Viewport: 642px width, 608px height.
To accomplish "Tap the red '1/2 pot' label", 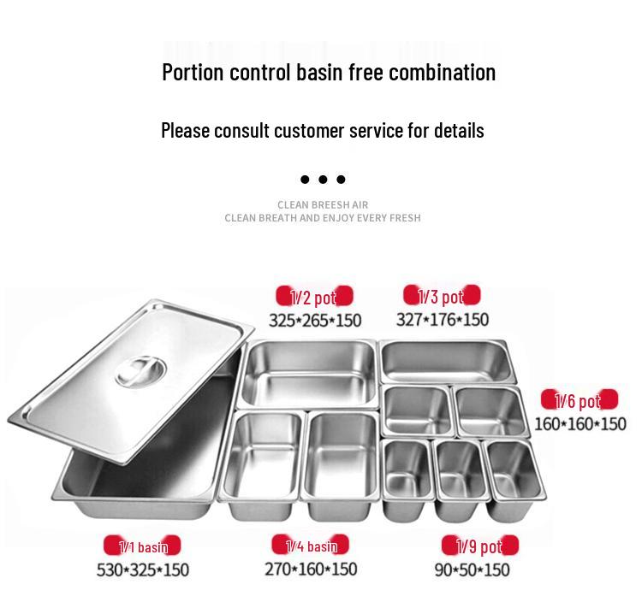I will [x=314, y=298].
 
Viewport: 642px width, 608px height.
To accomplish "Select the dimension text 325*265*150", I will [x=315, y=321].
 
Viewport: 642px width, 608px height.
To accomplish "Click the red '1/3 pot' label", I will [x=442, y=297].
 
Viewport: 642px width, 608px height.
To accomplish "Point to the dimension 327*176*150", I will [x=442, y=320].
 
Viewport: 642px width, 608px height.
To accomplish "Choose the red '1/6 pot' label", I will [x=579, y=400].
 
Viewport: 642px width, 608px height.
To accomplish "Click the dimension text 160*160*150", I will [x=580, y=423].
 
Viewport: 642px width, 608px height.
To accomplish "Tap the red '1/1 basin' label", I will [x=143, y=546].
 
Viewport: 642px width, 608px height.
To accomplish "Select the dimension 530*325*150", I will [x=143, y=570].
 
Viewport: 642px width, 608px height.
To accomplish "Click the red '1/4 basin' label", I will [x=312, y=546].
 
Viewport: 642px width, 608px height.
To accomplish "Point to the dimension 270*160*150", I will [x=311, y=569].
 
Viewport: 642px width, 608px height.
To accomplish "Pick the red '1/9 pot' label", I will [x=480, y=546].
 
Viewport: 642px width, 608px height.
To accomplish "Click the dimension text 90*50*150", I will [x=472, y=570].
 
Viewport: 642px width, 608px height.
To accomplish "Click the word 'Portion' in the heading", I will [x=193, y=72].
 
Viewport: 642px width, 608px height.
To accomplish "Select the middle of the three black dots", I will [x=323, y=180].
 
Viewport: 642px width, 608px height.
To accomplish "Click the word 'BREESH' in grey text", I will [x=338, y=205].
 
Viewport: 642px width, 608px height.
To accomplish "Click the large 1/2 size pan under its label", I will [x=309, y=373].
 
